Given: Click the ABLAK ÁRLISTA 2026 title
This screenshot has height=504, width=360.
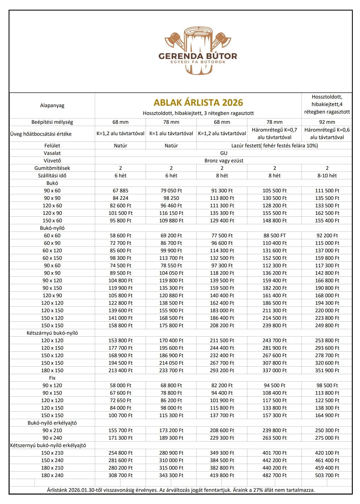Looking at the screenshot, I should (198, 103).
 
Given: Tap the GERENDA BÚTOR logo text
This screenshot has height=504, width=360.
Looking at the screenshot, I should (198, 56).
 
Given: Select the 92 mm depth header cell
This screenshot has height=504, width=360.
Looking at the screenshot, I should (327, 122).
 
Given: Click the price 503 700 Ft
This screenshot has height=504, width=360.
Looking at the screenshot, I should (327, 475).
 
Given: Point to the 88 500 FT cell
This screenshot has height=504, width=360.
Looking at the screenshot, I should (274, 236).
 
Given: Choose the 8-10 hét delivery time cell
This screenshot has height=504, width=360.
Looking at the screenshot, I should (327, 176).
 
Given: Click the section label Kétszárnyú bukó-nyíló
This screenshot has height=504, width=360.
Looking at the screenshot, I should (52, 333).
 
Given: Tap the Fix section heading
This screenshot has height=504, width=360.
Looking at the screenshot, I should (52, 378).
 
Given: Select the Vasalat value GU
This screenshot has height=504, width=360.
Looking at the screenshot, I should (224, 153).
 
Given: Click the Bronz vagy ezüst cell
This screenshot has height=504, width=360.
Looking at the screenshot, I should (224, 161).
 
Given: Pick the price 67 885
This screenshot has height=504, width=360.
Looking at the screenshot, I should (120, 191).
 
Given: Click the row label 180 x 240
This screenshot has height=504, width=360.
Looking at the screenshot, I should (52, 475).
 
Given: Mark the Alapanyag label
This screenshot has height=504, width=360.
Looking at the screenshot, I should (52, 105).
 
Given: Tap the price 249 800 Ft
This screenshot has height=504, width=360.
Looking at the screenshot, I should (327, 326).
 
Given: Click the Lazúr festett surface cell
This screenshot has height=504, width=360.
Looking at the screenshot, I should (274, 146).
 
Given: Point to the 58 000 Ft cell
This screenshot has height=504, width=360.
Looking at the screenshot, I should (120, 385).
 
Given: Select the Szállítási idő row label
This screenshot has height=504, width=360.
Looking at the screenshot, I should (52, 176).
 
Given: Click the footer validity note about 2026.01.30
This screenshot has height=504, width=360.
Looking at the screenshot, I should (181, 490).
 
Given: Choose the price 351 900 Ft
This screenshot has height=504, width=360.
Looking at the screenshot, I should (327, 371).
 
